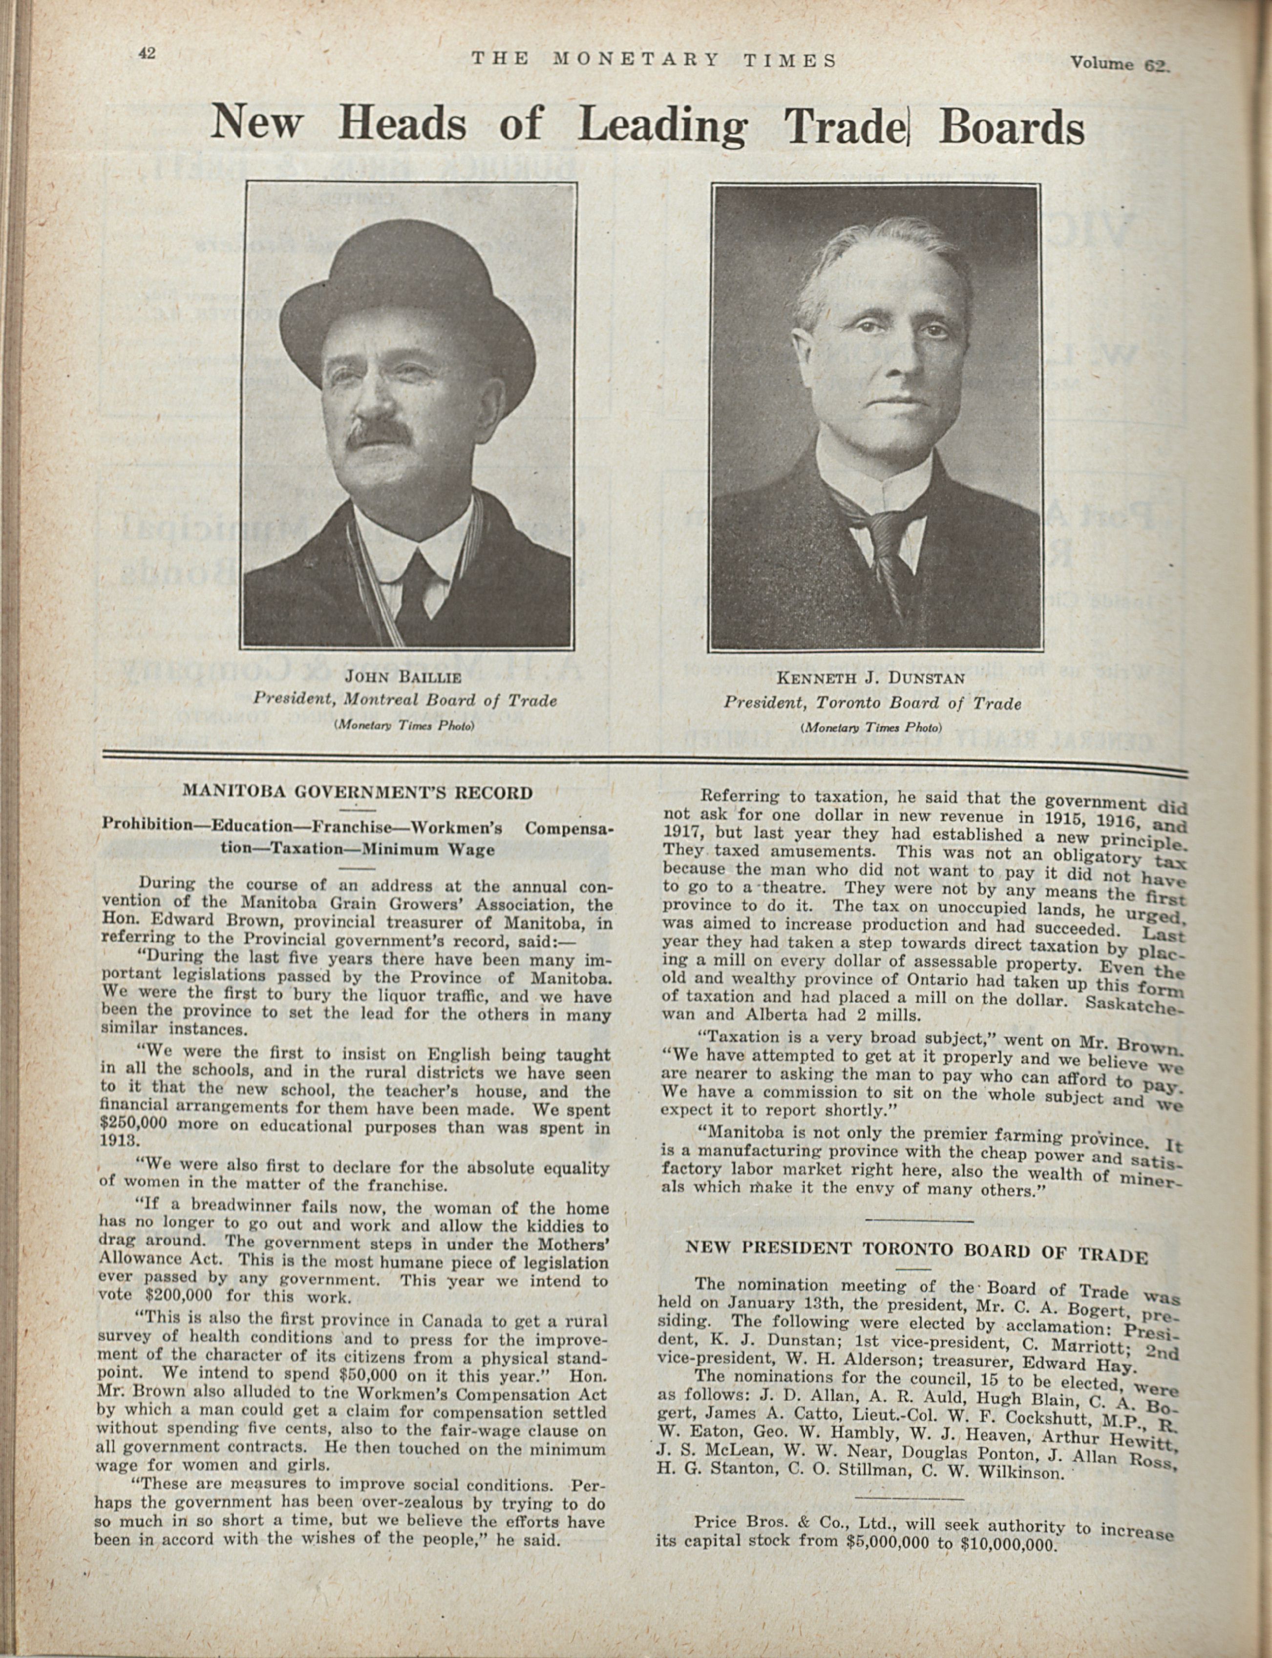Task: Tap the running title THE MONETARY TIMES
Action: pyautogui.click(x=654, y=61)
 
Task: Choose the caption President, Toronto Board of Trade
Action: pyautogui.click(x=871, y=703)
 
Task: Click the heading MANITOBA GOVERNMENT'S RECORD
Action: pyautogui.click(x=358, y=793)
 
